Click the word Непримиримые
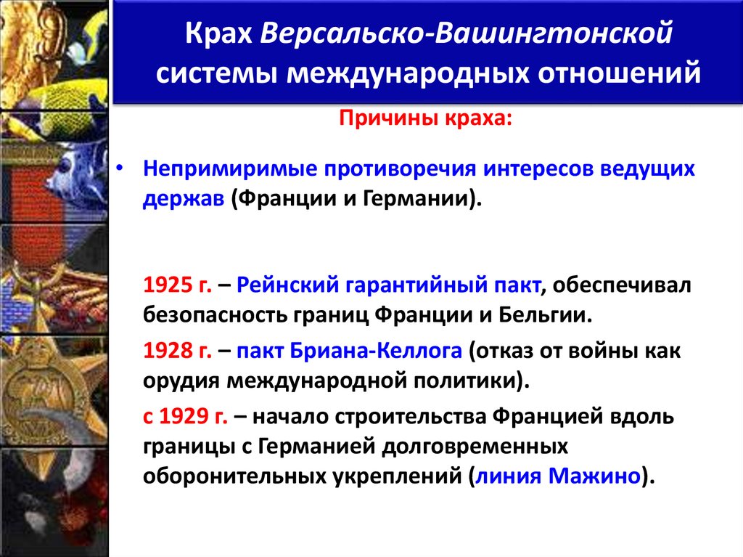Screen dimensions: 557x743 (x=226, y=168)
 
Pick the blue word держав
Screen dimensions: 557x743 (x=184, y=199)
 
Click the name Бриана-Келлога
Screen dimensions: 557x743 (x=375, y=351)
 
